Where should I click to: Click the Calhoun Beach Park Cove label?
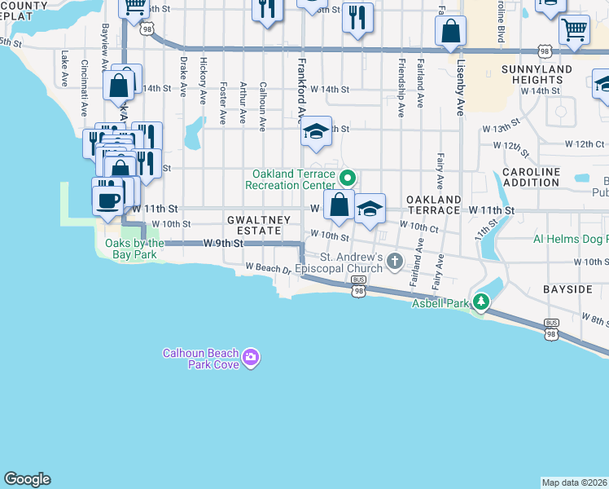pos(200,359)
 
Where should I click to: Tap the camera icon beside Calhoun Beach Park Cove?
pos(251,357)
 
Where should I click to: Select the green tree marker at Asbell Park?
pos(481,303)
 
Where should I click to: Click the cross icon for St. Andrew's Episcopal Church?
pos(395,262)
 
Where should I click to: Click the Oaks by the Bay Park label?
pos(135,249)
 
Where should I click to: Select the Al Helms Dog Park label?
pos(570,239)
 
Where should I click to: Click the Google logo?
pos(27,479)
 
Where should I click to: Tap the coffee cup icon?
pos(108,198)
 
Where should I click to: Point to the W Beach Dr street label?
pos(268,267)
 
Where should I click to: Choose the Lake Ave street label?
pos(64,68)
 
